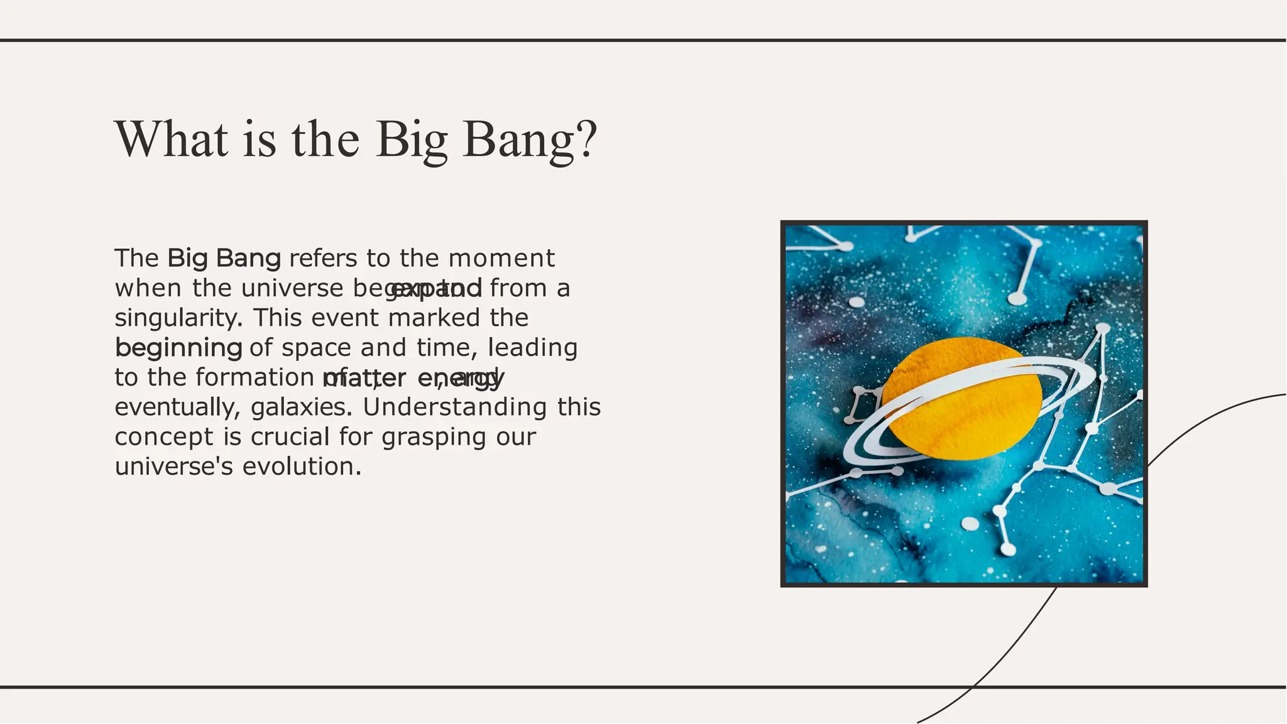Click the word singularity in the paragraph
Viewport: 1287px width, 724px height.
(178, 318)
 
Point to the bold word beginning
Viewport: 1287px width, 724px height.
(178, 348)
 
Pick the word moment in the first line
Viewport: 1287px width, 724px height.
(501, 259)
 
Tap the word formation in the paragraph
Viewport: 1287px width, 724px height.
(255, 377)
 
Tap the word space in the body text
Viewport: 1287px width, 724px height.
(316, 348)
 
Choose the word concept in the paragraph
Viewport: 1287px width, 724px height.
(164, 437)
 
